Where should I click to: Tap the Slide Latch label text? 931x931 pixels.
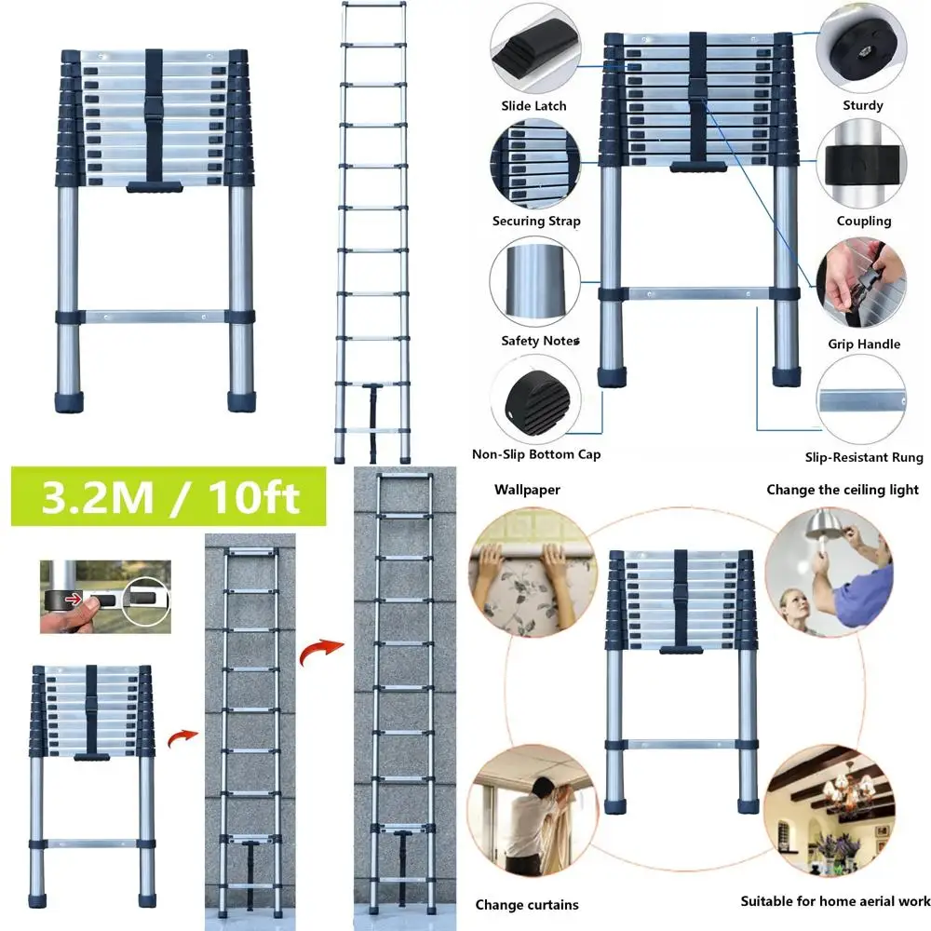tap(533, 106)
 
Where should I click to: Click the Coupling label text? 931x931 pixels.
tap(863, 222)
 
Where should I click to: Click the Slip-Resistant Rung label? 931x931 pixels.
tap(863, 457)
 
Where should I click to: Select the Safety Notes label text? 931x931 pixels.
tap(540, 341)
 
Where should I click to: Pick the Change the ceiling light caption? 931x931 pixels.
tap(842, 490)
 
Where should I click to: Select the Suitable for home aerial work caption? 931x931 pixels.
tap(835, 901)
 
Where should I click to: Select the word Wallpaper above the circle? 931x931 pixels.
tap(527, 490)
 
